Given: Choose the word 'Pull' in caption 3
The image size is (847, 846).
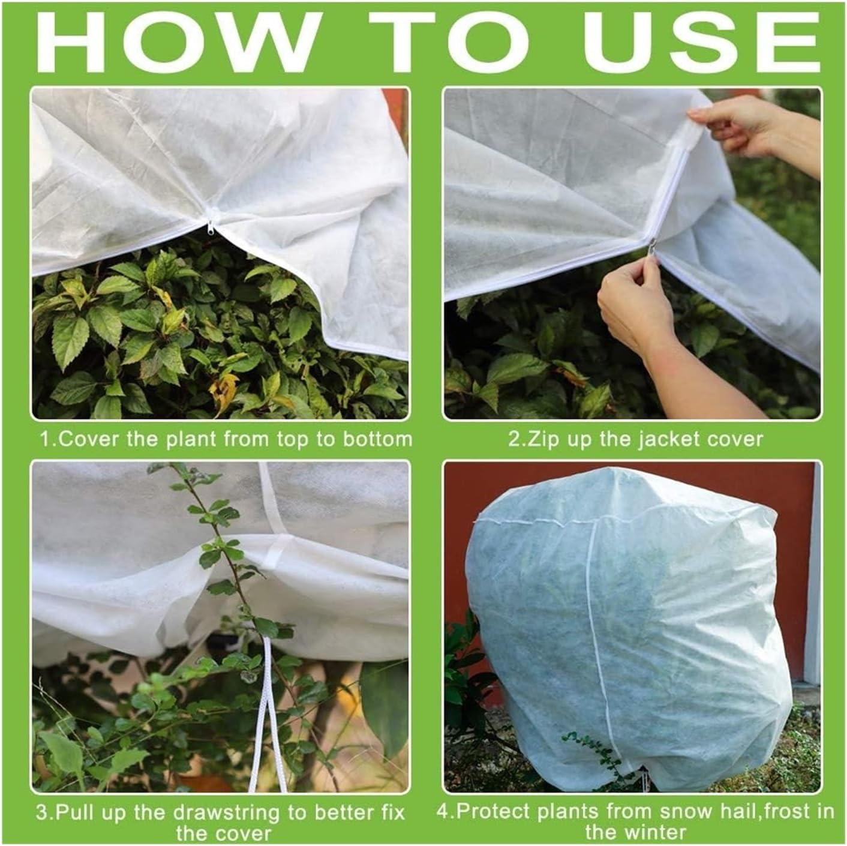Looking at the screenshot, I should [x=80, y=814].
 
